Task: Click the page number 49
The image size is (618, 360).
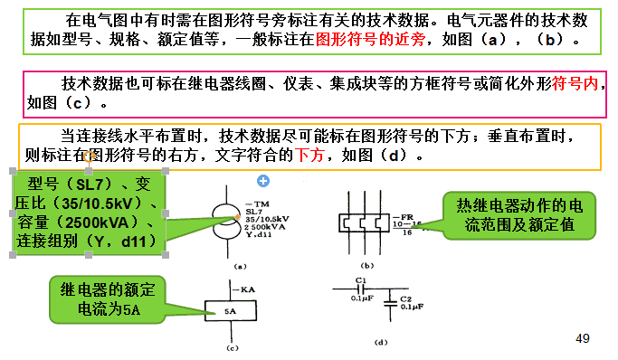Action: [583, 338]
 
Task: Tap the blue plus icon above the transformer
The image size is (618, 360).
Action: [263, 181]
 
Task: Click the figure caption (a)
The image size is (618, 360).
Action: [241, 267]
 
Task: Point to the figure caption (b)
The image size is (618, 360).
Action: [366, 266]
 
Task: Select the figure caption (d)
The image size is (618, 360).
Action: [381, 344]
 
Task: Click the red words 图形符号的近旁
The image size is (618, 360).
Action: [366, 40]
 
